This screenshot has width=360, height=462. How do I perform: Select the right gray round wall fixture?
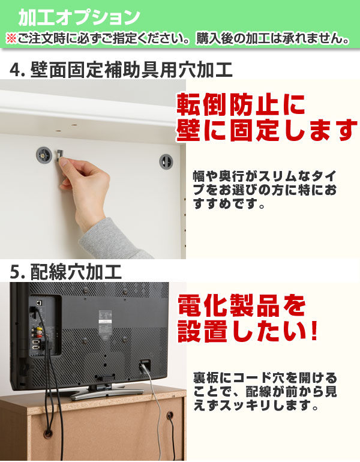pyautogui.click(x=165, y=161)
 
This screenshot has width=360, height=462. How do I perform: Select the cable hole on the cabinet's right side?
pyautogui.click(x=169, y=415)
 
